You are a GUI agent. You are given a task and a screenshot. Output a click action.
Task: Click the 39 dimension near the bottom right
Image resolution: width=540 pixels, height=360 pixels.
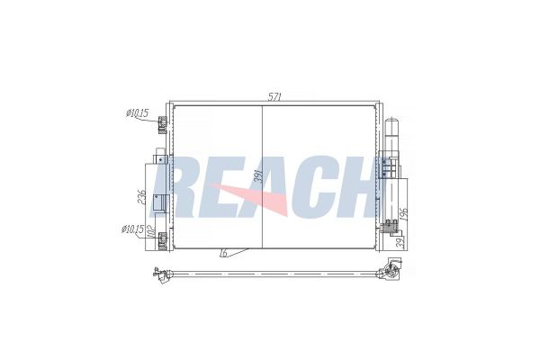coord(400,241)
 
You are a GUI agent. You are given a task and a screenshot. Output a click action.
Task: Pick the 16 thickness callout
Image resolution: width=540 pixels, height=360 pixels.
coord(221,255)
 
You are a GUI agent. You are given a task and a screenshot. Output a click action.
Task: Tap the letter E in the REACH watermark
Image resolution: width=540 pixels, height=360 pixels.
coord(225,189)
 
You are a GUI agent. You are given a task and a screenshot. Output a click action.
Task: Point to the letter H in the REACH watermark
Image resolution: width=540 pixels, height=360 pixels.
coord(355,189)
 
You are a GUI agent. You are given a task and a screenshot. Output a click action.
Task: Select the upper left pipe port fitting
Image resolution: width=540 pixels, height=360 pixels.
coord(162,125)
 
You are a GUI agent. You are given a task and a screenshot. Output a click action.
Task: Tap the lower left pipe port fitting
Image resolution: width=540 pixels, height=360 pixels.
coord(162,240)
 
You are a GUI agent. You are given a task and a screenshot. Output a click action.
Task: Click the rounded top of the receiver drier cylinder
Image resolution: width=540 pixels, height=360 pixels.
coord(392,124)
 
